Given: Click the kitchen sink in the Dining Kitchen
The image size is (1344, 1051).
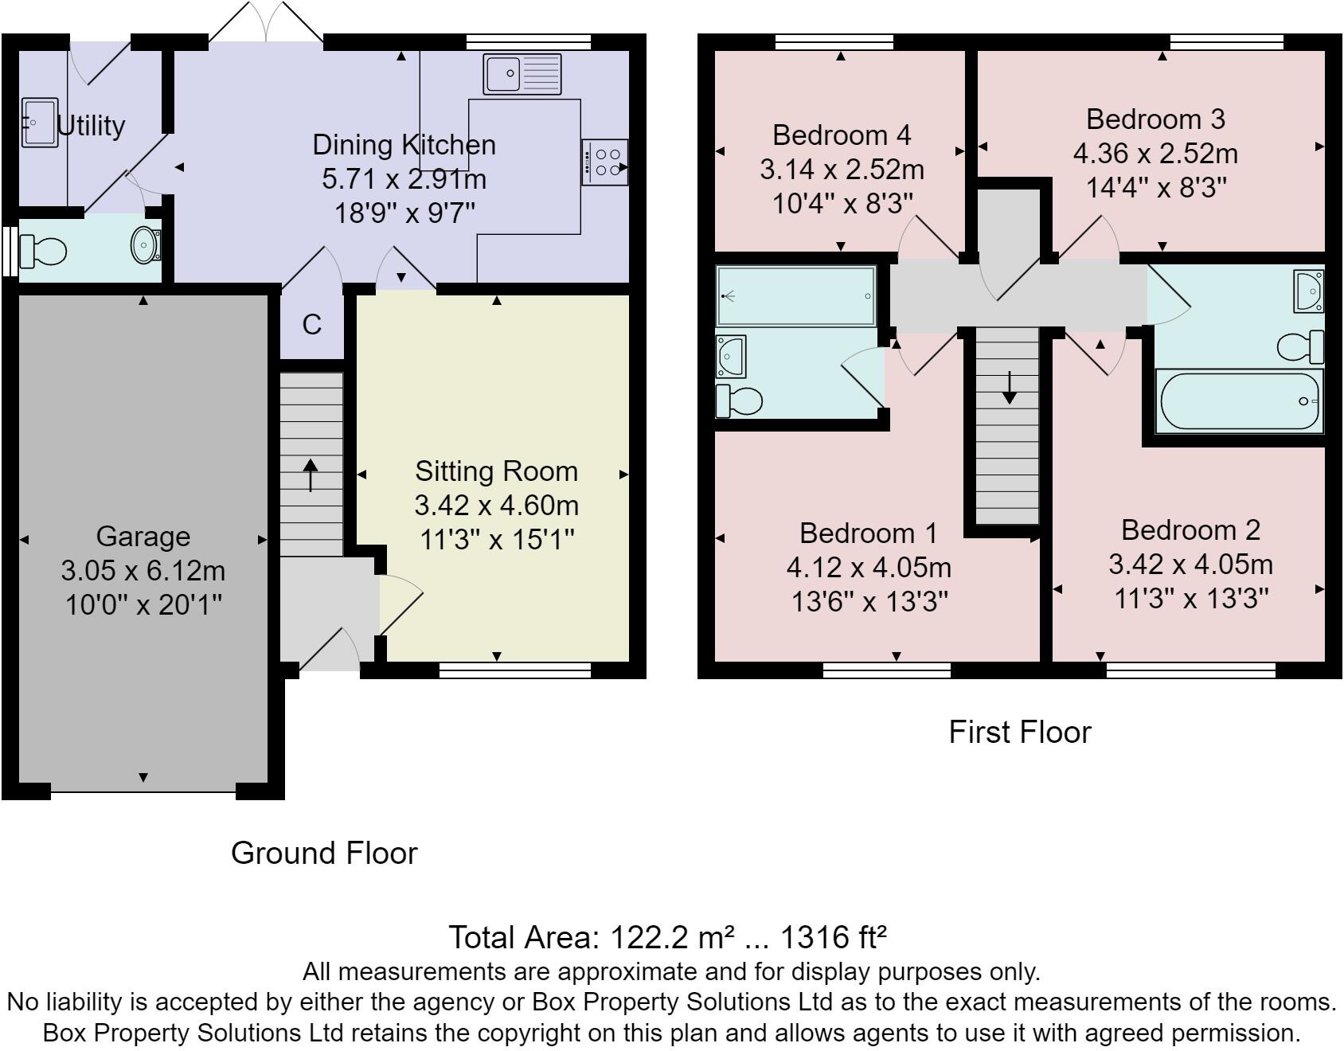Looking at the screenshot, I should pos(522,74).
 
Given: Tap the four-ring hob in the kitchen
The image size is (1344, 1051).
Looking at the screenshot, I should pos(605,162).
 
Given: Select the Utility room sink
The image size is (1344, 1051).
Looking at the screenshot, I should pos(39,123).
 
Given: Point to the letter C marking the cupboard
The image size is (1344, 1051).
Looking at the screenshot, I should pos(312,325).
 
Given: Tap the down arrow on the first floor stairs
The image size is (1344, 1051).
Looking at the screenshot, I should pos(1009,388).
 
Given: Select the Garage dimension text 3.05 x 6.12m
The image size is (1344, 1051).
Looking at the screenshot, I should pos(143,571).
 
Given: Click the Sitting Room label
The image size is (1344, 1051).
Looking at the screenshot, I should pos(496,471).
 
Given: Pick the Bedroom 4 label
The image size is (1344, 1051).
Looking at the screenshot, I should pos(842,135).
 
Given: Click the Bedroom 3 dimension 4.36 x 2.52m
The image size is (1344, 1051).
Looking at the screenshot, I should pos(1155,154).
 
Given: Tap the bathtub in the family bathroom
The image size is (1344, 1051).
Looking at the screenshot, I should pos(1238,401).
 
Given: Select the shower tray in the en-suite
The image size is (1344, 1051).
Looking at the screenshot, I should pos(795,296).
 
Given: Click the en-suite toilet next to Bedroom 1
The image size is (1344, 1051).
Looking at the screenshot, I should pos(739,400).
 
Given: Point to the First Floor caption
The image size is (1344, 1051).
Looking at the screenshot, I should pos(1019,732).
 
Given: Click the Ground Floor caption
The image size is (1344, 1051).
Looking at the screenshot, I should pos(324,853).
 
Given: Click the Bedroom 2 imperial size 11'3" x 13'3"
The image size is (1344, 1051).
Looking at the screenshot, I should pos(1190,598).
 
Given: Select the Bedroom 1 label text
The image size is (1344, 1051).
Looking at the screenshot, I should pos(869,533).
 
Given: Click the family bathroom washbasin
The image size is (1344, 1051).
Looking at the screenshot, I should pos(1309,291).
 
